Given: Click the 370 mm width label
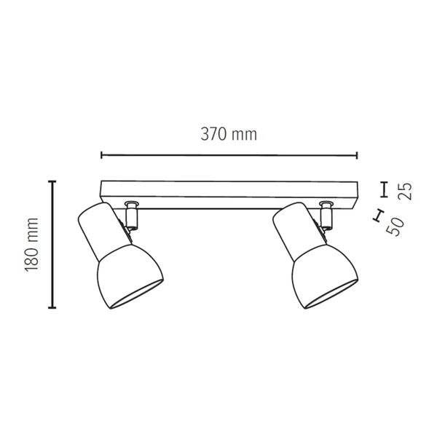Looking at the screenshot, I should click(x=229, y=135).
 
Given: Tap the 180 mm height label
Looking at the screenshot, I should click(x=31, y=244).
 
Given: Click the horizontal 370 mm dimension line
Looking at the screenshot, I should click(x=229, y=154).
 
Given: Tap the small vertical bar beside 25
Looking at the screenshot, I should click(x=384, y=189).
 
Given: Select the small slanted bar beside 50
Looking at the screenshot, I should click(x=377, y=215).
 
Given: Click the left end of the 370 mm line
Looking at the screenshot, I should click(x=101, y=154).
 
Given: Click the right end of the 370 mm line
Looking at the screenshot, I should click(x=357, y=154).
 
